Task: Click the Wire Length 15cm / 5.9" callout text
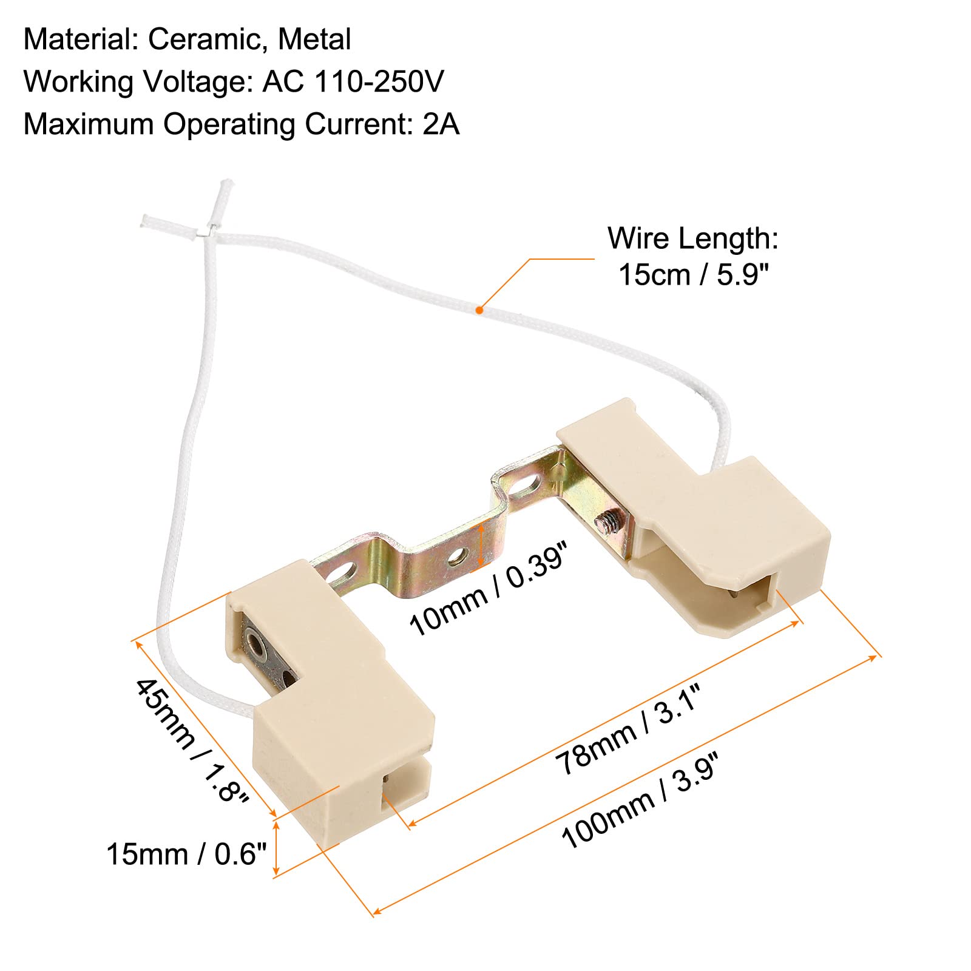(693, 256)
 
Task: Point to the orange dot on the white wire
(479, 310)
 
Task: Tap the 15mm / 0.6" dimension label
(187, 854)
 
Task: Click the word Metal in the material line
(314, 40)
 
